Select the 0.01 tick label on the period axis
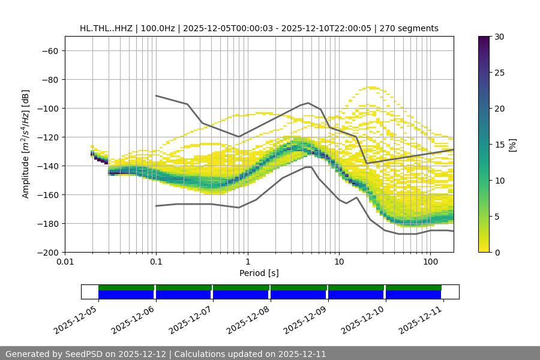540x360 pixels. point(65,262)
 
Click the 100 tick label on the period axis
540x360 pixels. point(430,262)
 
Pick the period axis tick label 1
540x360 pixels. point(247,262)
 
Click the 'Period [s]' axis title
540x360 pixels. point(259,273)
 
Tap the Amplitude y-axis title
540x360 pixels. point(26,144)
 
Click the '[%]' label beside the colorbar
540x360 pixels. point(512,144)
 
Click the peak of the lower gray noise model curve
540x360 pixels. point(308,167)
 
